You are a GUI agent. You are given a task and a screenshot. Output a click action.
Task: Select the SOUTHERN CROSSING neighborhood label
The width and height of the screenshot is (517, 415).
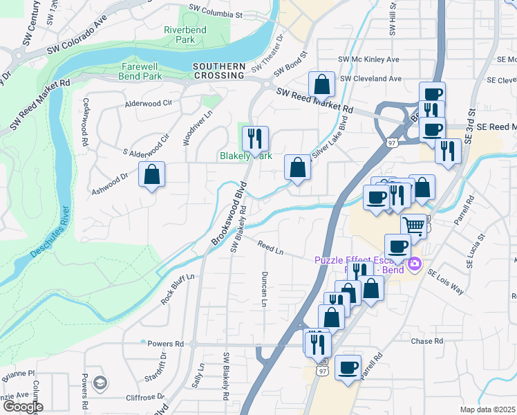coord(219,71)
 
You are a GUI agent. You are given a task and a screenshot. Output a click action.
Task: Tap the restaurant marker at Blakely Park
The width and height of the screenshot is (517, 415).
coord(255,139)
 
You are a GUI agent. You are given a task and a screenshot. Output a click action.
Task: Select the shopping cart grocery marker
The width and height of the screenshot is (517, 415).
coord(413,225)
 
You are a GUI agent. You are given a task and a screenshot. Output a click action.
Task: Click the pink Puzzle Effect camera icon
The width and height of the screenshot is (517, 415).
coord(415,263)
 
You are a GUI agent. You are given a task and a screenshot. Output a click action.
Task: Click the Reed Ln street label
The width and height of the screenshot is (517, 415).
coord(270,247)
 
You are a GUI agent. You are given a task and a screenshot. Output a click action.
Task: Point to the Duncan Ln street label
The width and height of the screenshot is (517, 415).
coord(265,288)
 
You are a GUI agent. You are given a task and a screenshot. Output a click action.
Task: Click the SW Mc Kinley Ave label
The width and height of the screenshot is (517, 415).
coord(370,59)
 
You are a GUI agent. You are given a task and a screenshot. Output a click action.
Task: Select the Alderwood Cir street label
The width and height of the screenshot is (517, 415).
coord(148,104)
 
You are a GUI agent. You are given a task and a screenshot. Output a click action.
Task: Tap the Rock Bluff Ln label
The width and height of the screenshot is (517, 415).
coord(178,288)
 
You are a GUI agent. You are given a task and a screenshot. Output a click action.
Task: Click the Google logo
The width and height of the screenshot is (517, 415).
coord(22,407)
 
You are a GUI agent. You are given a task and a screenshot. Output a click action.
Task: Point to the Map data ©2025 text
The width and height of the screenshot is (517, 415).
coord(487,409)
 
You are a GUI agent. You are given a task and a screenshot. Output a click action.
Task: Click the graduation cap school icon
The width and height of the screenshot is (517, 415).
coord(101,383)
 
